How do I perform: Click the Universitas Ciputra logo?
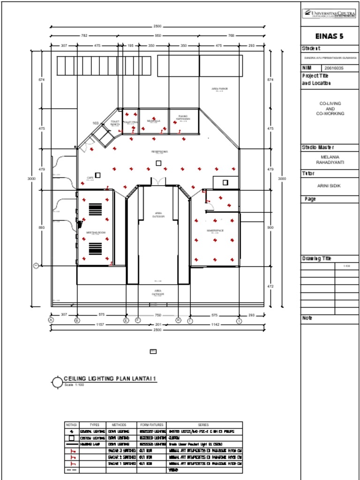pyautogui.click(x=329, y=14)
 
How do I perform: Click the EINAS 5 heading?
pyautogui.click(x=330, y=37)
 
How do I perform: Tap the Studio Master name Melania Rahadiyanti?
pyautogui.click(x=330, y=160)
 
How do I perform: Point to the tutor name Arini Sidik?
pyautogui.click(x=329, y=186)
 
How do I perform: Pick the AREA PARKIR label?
pyautogui.click(x=219, y=88)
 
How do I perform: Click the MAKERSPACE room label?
pyautogui.click(x=215, y=231)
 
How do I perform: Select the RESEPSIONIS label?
pyautogui.click(x=159, y=151)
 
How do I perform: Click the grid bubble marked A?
pyautogui.click(x=51, y=320)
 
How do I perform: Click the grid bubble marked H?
pyautogui.click(x=178, y=320)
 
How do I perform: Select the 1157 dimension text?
pyautogui.click(x=100, y=324)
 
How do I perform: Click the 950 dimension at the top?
pyautogui.click(x=158, y=36)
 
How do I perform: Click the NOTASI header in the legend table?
pyautogui.click(x=71, y=425)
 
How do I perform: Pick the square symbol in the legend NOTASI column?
pyautogui.click(x=71, y=438)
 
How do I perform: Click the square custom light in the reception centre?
pyautogui.click(x=158, y=163)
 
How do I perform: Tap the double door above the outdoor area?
pyautogui.click(x=158, y=181)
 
